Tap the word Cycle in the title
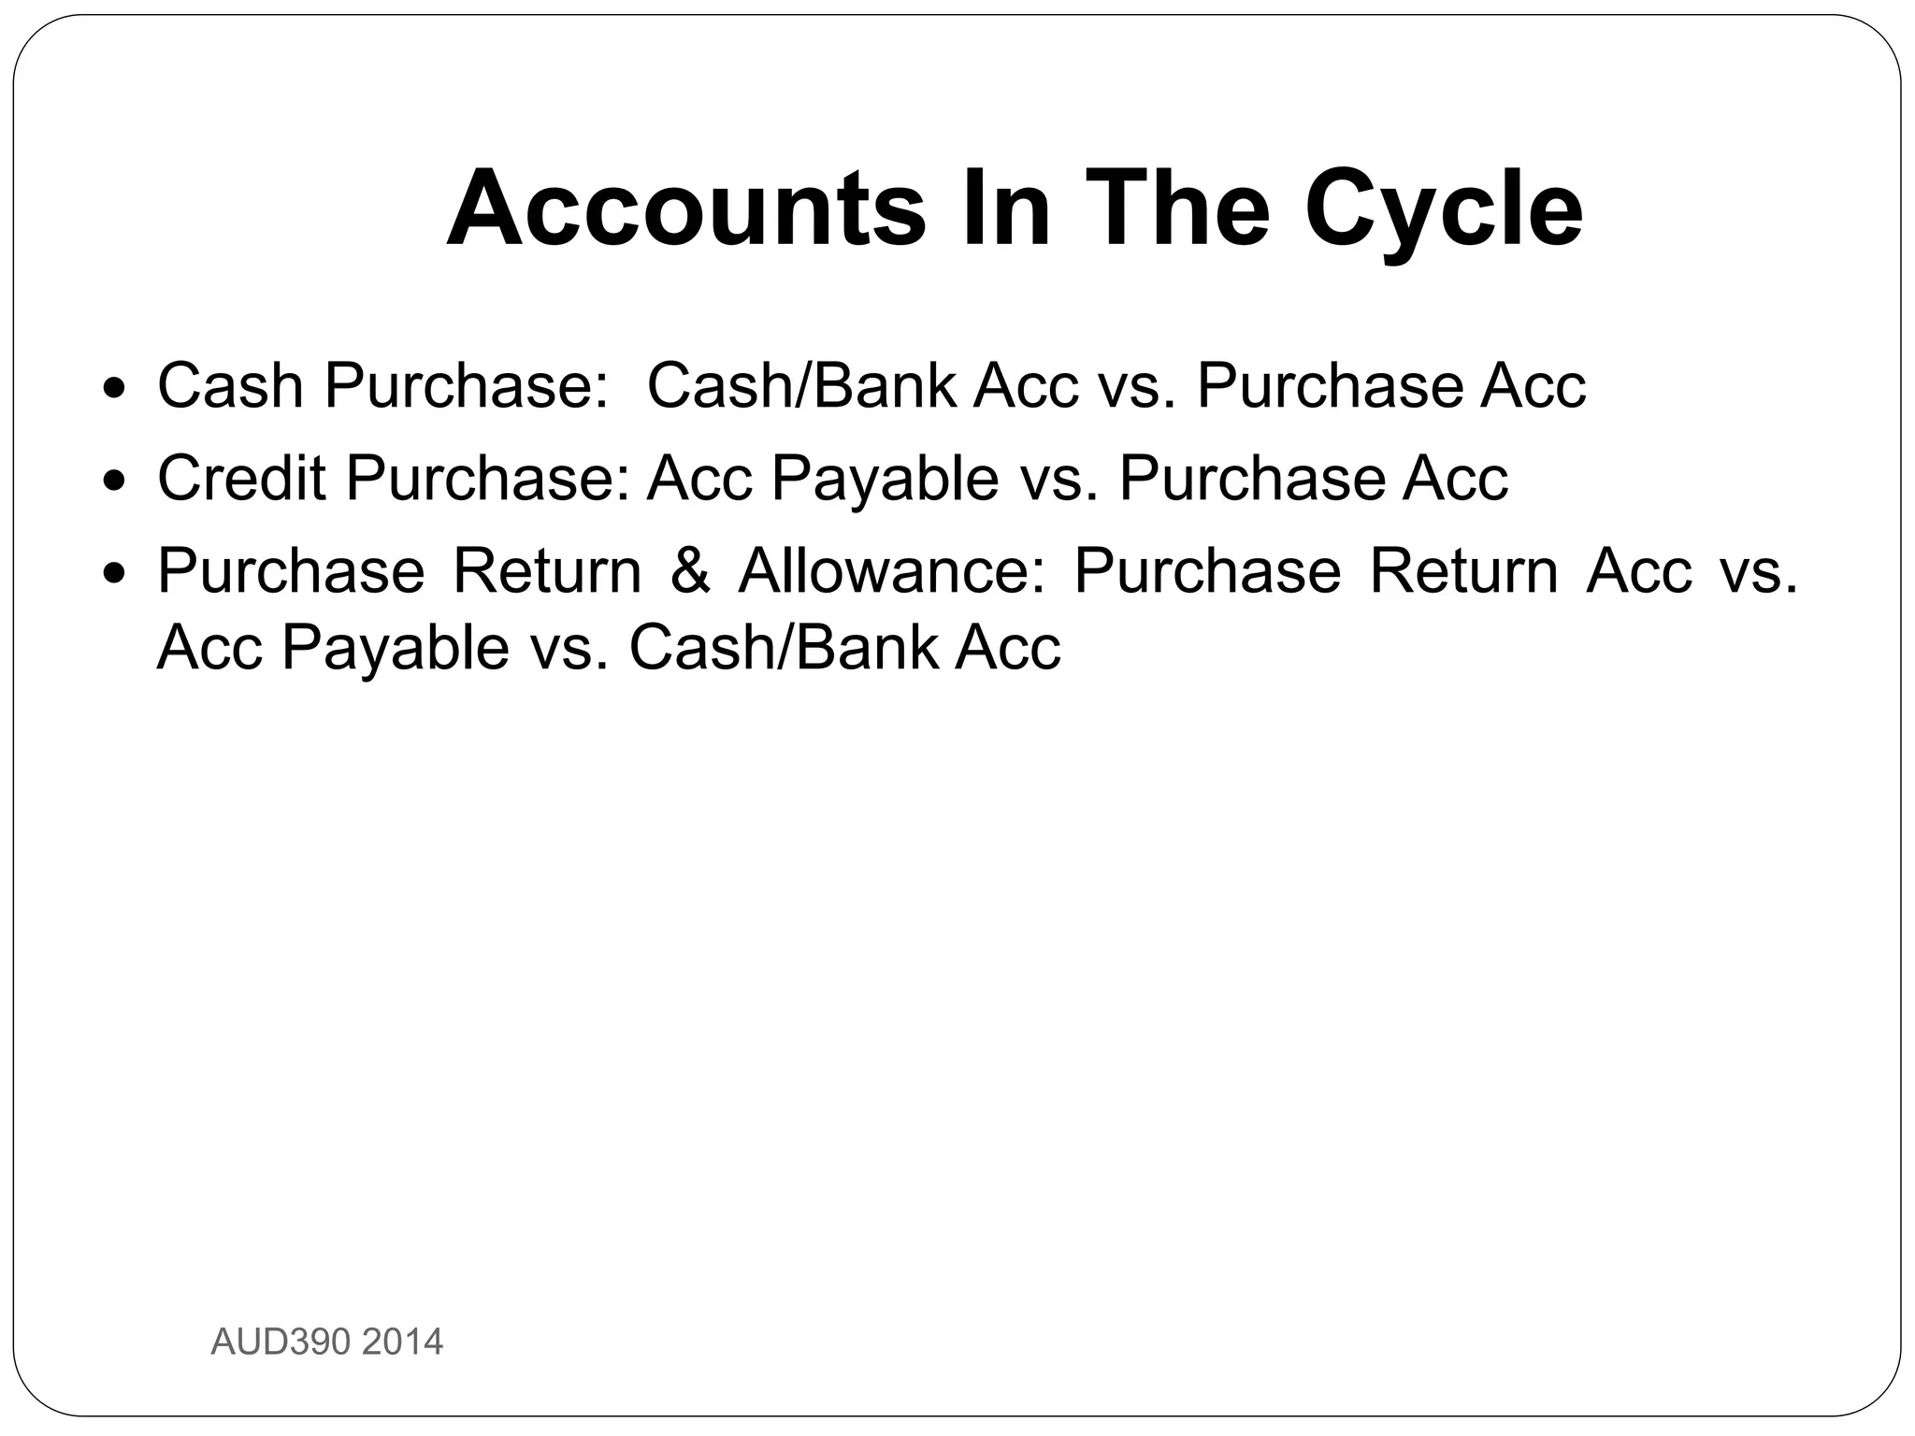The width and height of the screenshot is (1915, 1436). point(1444,208)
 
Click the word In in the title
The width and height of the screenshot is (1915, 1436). point(1006,208)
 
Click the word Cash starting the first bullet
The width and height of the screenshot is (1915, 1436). point(230,385)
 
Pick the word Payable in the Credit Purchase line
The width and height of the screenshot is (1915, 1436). point(885,478)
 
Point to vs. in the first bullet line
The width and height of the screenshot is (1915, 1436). point(1136,385)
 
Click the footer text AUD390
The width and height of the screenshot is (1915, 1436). point(281,1343)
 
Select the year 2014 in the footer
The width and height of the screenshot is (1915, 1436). point(402,1343)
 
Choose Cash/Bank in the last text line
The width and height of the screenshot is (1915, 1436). point(783,647)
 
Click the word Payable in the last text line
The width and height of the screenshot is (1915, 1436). point(396,647)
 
